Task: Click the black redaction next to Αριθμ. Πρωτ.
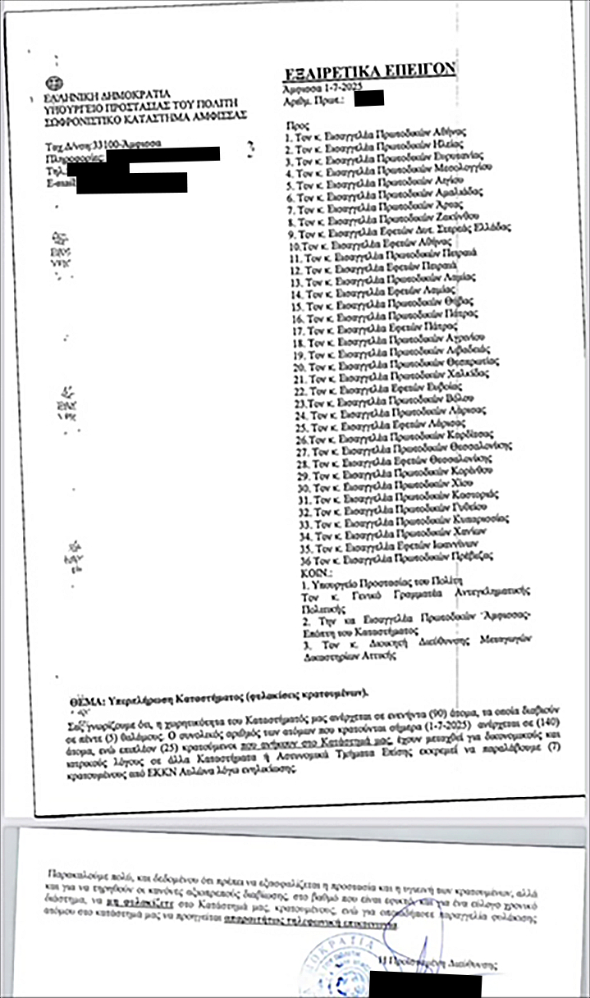tap(368, 99)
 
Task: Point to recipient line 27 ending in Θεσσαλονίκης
tap(410, 450)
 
